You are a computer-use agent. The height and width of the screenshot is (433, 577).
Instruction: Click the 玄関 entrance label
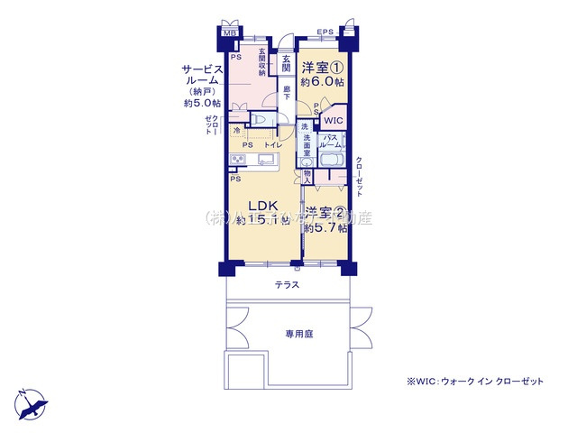286,64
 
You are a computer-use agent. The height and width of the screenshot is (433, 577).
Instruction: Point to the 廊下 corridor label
286,92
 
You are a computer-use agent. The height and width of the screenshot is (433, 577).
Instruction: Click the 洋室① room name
322,68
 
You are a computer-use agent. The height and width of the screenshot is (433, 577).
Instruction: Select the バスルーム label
330,141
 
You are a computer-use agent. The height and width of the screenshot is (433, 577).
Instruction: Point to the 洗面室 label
307,142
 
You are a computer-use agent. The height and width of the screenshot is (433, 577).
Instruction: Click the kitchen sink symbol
267,161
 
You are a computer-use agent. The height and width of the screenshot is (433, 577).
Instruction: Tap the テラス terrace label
288,285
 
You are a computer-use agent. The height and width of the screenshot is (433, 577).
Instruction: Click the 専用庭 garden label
298,334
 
